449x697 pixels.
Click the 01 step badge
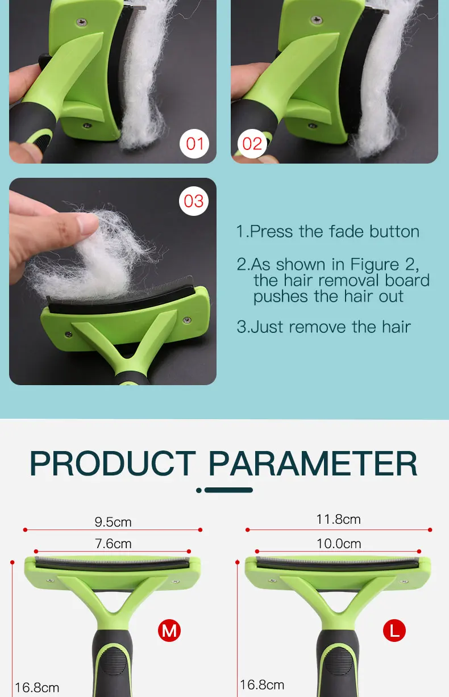(194, 144)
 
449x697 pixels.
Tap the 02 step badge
(252, 144)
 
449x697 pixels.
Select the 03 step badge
(194, 201)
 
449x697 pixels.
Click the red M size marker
(169, 631)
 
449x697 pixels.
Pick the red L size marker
(394, 631)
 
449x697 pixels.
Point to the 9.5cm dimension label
(113, 522)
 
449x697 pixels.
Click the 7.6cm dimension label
(113, 544)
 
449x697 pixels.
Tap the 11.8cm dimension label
(339, 519)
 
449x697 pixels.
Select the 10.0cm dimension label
(339, 544)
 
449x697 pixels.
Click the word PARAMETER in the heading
(313, 464)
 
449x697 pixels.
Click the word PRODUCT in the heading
(113, 464)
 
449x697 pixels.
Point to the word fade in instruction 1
(346, 232)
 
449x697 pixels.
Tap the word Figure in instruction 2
(375, 265)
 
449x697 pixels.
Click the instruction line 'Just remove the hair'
(324, 327)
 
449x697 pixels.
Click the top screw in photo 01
(82, 22)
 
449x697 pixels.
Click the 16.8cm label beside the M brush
(37, 687)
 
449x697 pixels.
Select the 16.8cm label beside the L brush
(262, 685)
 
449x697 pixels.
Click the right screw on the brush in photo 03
(187, 320)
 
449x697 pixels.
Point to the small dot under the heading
(199, 490)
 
